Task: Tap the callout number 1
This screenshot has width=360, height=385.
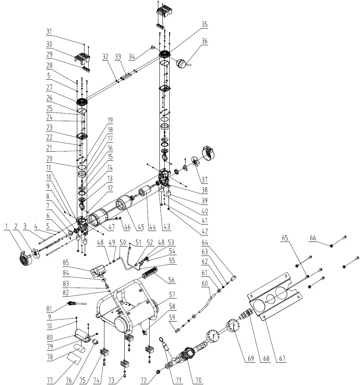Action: click(6, 226)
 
